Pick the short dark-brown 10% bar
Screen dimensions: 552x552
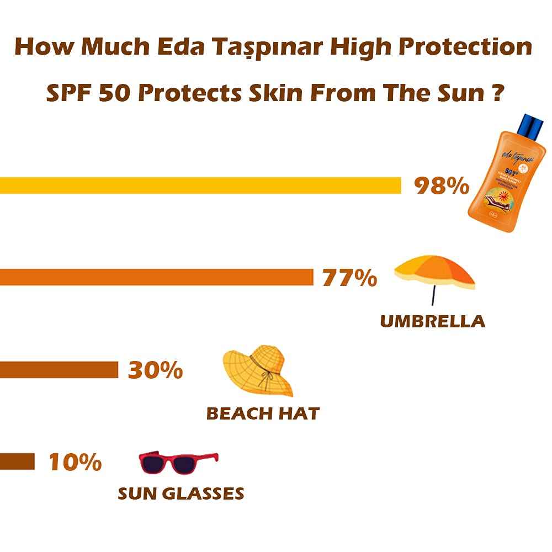(x=17, y=461)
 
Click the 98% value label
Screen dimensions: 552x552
(x=442, y=186)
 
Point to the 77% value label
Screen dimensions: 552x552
(x=349, y=278)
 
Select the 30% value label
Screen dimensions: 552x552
(x=155, y=370)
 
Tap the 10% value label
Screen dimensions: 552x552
(x=75, y=462)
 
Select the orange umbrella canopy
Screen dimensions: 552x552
(x=434, y=270)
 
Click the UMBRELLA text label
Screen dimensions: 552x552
(x=433, y=321)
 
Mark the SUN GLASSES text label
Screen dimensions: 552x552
(x=181, y=493)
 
